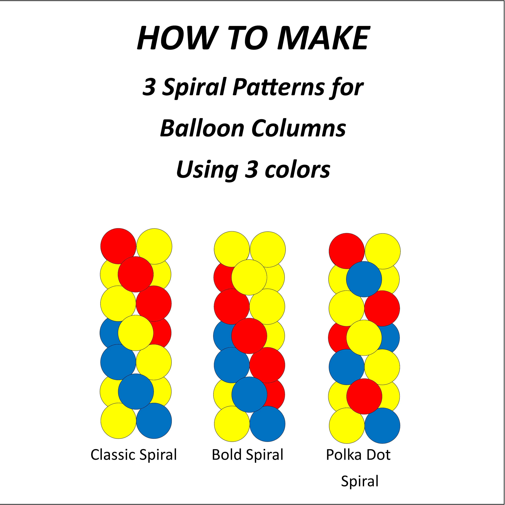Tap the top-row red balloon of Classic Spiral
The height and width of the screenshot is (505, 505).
point(118,246)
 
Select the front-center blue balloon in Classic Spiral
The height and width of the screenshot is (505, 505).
point(136,392)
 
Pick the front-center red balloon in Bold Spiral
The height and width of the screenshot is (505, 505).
point(249,336)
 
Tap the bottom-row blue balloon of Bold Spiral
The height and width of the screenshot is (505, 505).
point(267,424)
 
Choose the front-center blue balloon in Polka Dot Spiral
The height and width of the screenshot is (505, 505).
point(364,279)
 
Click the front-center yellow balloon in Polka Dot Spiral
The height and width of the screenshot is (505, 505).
point(364,338)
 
